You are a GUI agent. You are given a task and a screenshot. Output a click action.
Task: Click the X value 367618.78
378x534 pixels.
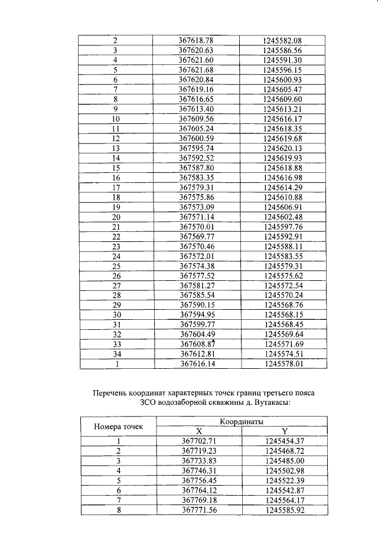pyautogui.click(x=195, y=40)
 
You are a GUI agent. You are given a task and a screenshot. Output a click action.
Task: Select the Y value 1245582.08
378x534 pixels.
pyautogui.click(x=282, y=40)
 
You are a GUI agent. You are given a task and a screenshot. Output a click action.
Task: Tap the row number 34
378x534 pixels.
pyautogui.click(x=116, y=353)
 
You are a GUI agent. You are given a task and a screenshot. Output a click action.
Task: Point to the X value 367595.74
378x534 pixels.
pyautogui.click(x=195, y=148)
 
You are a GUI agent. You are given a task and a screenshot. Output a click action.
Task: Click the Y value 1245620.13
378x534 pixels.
pyautogui.click(x=282, y=148)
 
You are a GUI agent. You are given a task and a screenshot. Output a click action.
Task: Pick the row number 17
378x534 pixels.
pyautogui.click(x=116, y=188)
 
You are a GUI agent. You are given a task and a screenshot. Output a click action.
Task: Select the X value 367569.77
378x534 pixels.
pyautogui.click(x=195, y=237)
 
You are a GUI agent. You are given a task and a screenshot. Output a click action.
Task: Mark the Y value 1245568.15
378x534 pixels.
pyautogui.click(x=282, y=314)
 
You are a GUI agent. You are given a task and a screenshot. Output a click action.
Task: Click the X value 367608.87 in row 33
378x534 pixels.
pyautogui.click(x=195, y=344)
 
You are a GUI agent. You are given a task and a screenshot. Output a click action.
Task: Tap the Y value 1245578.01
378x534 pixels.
pyautogui.click(x=282, y=364)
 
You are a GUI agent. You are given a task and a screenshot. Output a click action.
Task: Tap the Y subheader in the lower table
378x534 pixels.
pyautogui.click(x=284, y=431)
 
